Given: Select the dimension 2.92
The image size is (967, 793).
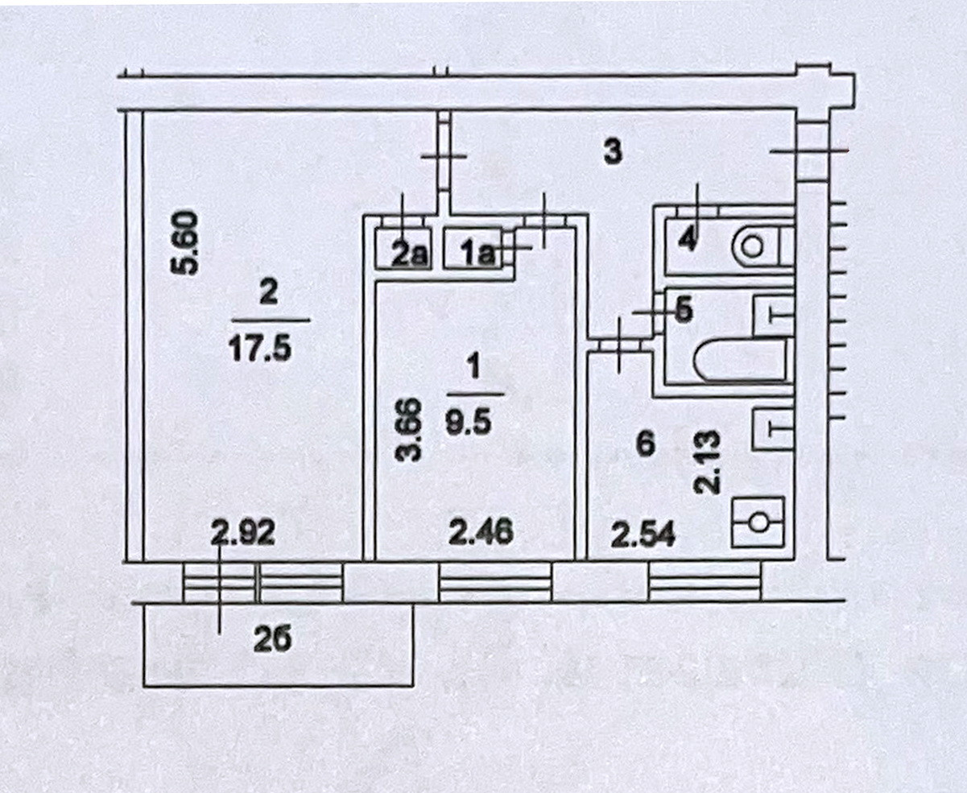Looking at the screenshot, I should [243, 533].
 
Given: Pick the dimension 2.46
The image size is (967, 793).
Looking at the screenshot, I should [481, 533].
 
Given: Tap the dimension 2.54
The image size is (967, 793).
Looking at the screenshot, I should [642, 534].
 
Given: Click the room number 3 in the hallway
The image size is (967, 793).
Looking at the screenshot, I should [614, 152].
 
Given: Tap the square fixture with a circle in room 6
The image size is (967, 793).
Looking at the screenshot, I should [758, 522].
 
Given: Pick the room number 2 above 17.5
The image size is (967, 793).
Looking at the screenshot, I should [268, 292].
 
